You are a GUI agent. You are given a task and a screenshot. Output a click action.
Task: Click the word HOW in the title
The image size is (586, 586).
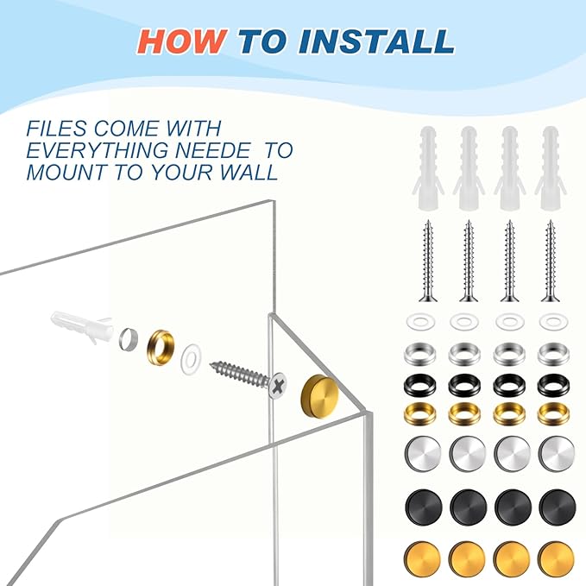tap(182, 41)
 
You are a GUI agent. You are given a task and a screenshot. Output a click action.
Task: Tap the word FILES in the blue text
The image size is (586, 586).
tap(56, 129)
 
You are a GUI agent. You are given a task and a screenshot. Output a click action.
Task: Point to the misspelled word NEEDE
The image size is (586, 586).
tap(212, 150)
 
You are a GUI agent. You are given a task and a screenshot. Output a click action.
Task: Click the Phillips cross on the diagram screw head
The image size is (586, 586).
tap(279, 386)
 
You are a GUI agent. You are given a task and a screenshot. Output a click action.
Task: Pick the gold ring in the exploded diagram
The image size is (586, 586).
tap(161, 347)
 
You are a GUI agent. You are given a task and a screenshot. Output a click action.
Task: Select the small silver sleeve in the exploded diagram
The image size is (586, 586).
tap(129, 339)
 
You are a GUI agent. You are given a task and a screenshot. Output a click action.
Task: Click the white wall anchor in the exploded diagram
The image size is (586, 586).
tap(82, 326)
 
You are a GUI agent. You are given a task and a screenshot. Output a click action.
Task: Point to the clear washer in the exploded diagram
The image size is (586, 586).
tap(191, 359)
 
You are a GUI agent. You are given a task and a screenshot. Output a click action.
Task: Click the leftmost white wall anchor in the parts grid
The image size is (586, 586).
tap(428, 167)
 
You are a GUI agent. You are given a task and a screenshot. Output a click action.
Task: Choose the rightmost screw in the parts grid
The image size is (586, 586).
tap(550, 261)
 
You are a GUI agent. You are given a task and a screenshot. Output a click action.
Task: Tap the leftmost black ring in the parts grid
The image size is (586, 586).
tap(420, 385)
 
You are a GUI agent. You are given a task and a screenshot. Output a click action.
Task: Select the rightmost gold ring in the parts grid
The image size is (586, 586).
tap(553, 414)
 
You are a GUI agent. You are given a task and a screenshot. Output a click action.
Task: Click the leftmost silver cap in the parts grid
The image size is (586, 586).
tap(423, 453)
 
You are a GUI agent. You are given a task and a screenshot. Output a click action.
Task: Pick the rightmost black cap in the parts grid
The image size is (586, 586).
tap(558, 507)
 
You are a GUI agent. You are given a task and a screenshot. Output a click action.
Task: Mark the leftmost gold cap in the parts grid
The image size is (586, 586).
tap(423, 558)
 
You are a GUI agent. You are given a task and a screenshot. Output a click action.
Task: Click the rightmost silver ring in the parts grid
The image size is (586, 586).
tap(553, 354)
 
